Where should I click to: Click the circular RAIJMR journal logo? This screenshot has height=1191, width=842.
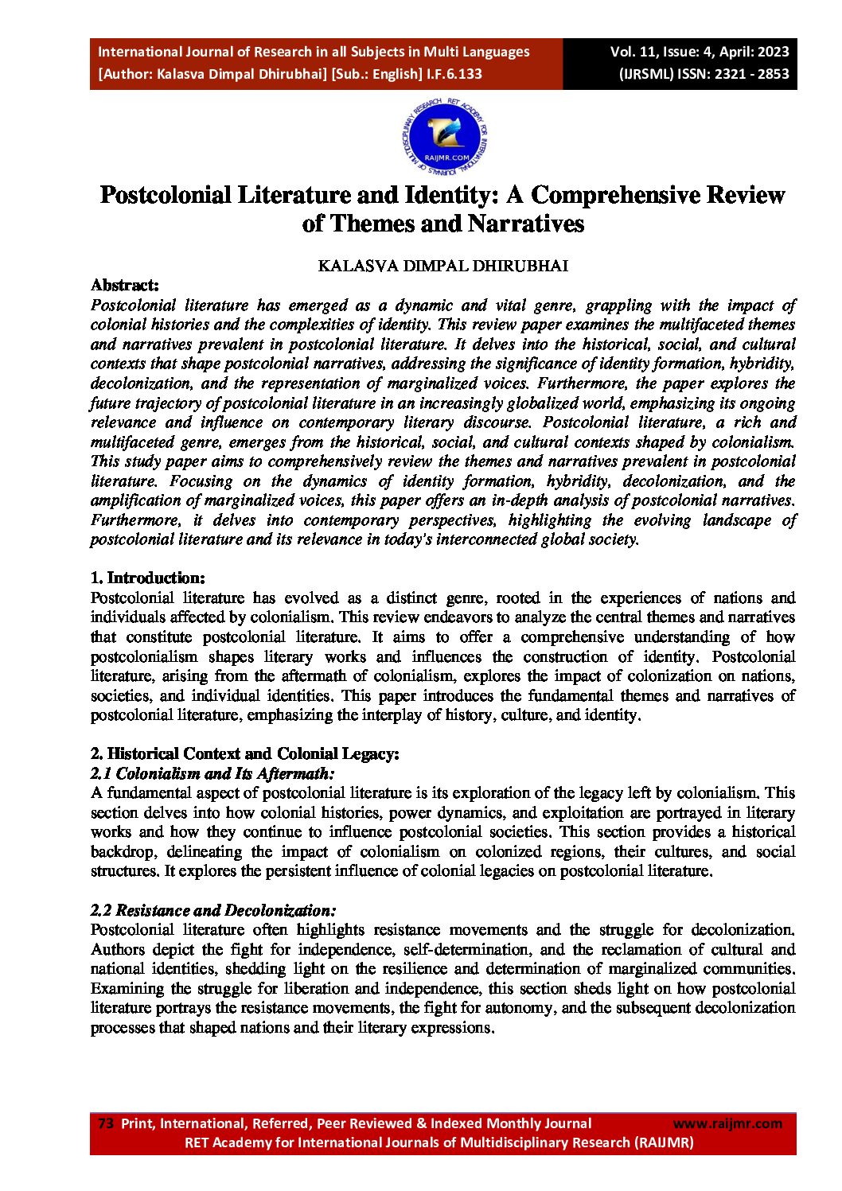click(445, 137)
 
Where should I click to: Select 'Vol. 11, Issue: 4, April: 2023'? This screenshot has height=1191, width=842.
click(700, 52)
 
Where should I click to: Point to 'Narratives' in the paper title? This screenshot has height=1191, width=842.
click(526, 224)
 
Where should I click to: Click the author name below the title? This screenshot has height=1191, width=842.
click(442, 266)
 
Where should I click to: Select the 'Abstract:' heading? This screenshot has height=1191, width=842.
click(125, 285)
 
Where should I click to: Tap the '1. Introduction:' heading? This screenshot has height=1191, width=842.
click(148, 578)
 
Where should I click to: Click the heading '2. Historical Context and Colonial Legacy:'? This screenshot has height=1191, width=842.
click(245, 753)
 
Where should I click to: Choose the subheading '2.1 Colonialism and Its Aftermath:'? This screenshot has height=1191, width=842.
click(212, 773)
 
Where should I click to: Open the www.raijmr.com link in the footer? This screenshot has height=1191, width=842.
click(727, 1123)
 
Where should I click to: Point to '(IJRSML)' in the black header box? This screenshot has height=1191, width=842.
click(646, 74)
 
